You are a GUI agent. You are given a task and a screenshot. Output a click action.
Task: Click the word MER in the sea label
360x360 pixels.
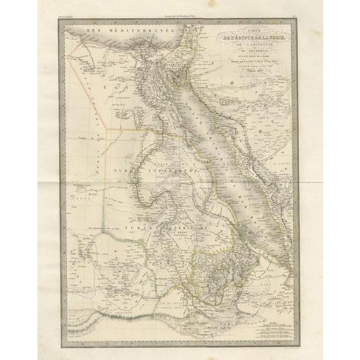point(92,35)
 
